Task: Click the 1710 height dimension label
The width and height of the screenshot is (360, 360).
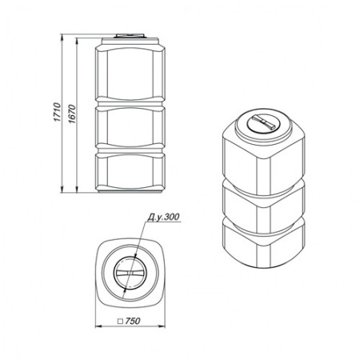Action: (x=58, y=112)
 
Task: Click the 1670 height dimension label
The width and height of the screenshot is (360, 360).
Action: (x=72, y=114)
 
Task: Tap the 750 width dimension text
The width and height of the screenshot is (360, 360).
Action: (x=133, y=321)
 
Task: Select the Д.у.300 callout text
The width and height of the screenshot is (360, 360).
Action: (x=163, y=217)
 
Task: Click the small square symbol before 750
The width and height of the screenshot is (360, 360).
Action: (x=121, y=322)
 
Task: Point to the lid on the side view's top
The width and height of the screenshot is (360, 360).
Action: (x=130, y=36)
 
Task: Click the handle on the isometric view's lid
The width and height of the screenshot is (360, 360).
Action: (x=263, y=122)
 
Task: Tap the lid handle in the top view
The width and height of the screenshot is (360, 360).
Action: (x=130, y=273)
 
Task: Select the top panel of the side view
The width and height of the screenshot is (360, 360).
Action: (x=130, y=73)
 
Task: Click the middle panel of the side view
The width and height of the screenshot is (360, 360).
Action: (x=130, y=126)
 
